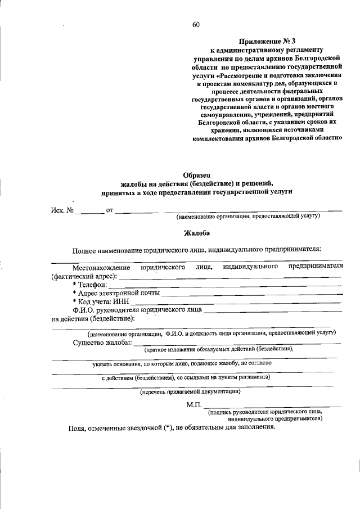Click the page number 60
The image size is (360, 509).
click(195, 24)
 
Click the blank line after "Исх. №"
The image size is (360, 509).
click(90, 212)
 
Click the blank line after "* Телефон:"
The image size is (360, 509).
click(225, 286)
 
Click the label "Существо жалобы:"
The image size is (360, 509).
click(102, 343)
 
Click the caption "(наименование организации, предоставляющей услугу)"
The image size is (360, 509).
click(248, 217)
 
